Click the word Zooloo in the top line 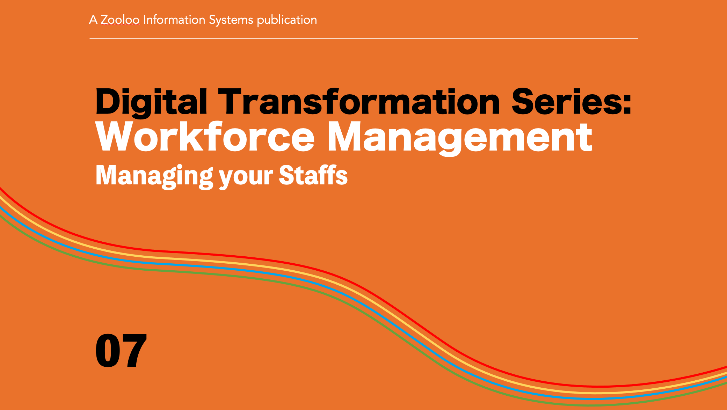tap(120, 20)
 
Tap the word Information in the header tap(174, 20)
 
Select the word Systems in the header tap(231, 20)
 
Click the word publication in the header tap(287, 20)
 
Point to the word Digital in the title tap(151, 102)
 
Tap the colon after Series tap(627, 104)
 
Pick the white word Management tap(460, 139)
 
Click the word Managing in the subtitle tap(154, 176)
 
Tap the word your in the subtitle tap(246, 178)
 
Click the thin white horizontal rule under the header tap(364, 38)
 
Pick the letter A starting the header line tap(93, 20)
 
